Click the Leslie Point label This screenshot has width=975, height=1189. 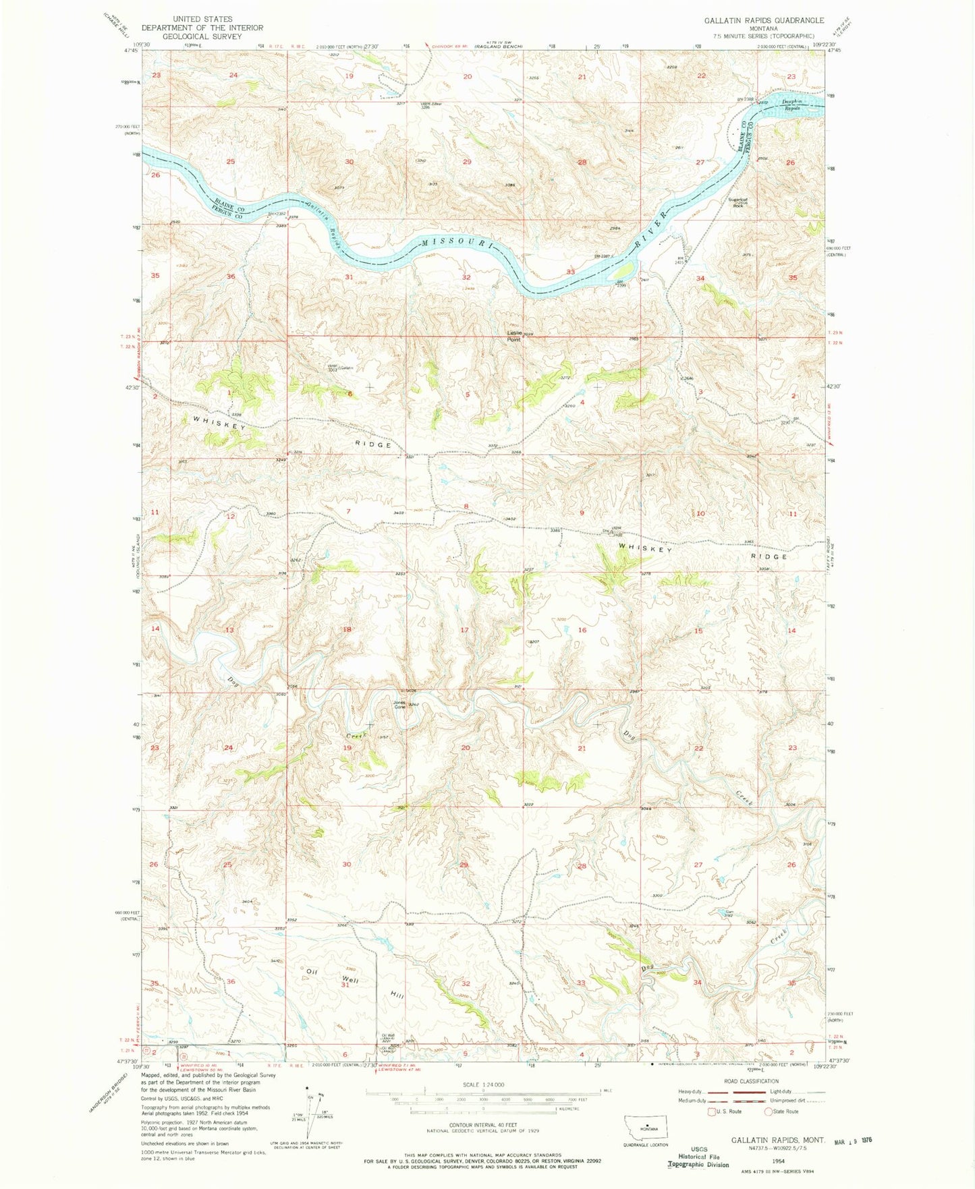click(514, 335)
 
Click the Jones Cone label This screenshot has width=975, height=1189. click(399, 705)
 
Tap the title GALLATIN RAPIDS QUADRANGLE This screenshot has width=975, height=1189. click(764, 21)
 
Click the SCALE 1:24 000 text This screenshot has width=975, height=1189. click(483, 1084)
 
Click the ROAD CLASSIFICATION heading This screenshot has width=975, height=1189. click(751, 1081)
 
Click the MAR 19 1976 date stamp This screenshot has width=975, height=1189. click(853, 1139)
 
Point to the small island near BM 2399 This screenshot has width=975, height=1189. click(624, 270)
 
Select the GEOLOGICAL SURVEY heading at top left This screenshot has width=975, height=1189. click(202, 36)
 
